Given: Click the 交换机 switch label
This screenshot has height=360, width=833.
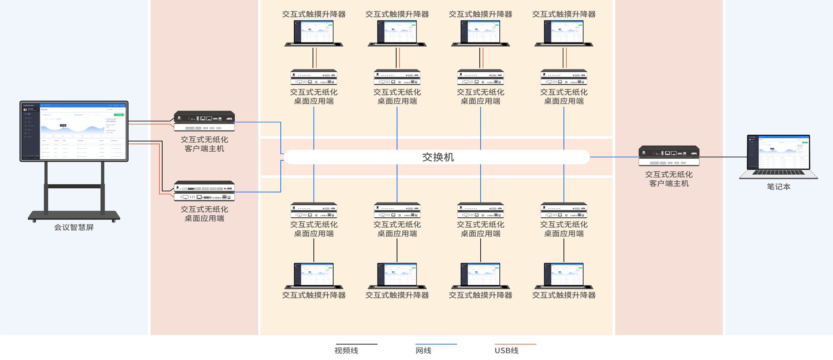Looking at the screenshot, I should [x=438, y=157].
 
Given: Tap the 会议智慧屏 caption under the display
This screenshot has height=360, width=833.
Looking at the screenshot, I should [x=74, y=227].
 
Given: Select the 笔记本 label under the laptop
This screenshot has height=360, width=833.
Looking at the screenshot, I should [x=778, y=187].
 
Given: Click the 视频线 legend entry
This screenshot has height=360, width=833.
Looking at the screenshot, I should [x=346, y=350].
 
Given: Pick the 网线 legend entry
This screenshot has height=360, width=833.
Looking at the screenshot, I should [x=423, y=350].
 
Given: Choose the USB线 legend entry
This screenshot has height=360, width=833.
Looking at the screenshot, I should [x=506, y=350].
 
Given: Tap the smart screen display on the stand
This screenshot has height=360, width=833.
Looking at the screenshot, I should [x=74, y=131].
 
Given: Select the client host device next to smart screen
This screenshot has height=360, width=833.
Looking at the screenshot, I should [x=204, y=121].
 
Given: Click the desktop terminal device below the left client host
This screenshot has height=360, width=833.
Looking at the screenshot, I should [x=204, y=191].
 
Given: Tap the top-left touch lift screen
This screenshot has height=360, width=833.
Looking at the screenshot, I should [x=314, y=33].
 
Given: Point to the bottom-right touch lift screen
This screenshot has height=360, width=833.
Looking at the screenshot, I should [x=564, y=275].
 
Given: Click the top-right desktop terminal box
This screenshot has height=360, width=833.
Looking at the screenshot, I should [x=564, y=77].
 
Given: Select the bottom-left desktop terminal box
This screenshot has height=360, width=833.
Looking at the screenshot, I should [x=314, y=210].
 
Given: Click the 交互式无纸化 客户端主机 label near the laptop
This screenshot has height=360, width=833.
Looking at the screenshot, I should [x=669, y=179].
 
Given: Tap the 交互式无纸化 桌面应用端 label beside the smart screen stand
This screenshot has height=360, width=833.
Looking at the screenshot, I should [x=204, y=213].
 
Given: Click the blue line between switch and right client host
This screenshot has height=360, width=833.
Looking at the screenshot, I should [x=614, y=157].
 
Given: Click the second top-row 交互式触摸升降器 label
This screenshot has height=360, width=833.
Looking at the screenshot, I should [x=397, y=14].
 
